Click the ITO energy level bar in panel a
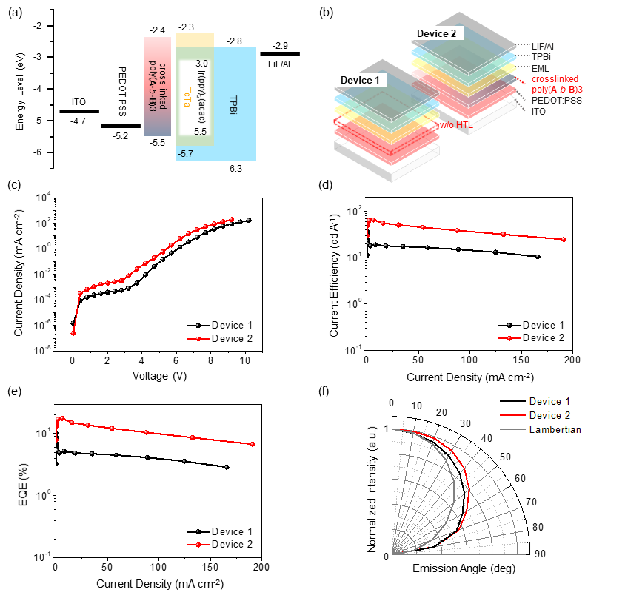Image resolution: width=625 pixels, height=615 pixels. tap(79, 111)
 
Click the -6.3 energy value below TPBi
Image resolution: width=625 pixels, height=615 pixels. tap(235, 169)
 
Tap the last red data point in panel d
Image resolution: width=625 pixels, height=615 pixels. tap(564, 239)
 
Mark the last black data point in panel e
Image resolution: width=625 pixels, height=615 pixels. tap(226, 467)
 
